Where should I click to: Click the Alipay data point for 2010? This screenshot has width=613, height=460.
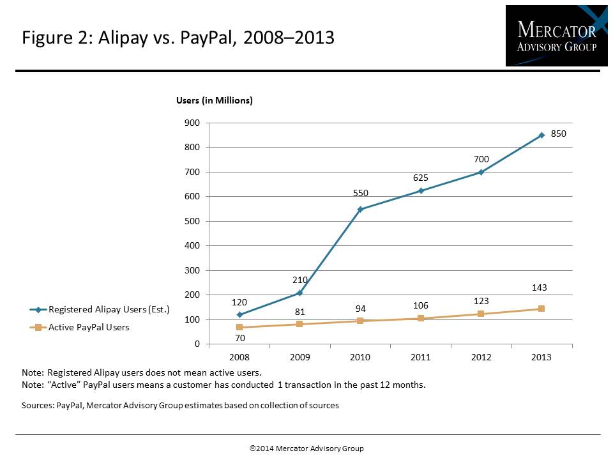(360, 209)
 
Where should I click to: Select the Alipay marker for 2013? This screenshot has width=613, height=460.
(541, 135)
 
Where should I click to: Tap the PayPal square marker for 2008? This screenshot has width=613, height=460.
(239, 327)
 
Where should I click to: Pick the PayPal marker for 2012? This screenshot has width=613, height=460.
(481, 314)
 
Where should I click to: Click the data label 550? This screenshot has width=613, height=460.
(361, 193)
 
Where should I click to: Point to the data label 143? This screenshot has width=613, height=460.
(540, 288)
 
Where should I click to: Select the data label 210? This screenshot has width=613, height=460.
(300, 279)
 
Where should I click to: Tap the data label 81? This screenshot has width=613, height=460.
(300, 312)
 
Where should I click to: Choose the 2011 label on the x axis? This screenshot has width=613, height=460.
(421, 357)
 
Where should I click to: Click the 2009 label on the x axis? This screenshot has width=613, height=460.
(300, 357)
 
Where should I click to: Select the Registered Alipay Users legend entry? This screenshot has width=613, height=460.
(100, 310)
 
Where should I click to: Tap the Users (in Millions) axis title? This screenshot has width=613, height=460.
(215, 100)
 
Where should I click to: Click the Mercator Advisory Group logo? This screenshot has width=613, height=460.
(552, 36)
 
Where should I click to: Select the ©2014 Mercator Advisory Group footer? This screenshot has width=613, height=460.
(306, 448)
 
